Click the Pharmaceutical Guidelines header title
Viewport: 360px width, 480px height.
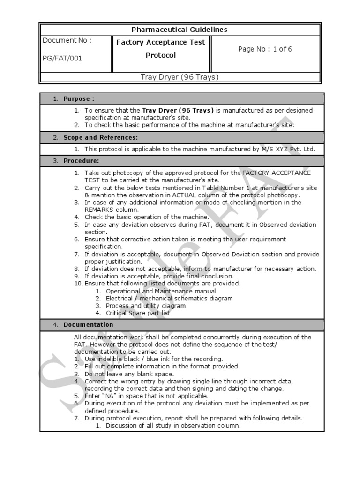click(x=179, y=30)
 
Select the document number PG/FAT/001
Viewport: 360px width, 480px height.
click(x=62, y=59)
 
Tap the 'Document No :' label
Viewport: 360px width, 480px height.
click(x=67, y=40)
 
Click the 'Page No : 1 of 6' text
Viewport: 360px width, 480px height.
click(x=265, y=49)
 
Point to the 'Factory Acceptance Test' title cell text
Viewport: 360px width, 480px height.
click(x=161, y=42)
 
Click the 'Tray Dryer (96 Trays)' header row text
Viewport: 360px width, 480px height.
click(x=180, y=77)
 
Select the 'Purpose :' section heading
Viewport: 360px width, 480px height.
click(x=79, y=99)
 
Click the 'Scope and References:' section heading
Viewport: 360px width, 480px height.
click(x=101, y=138)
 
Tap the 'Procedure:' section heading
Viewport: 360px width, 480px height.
click(x=81, y=161)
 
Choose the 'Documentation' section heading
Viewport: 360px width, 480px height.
click(x=88, y=325)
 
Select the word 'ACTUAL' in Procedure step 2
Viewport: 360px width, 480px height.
click(x=188, y=195)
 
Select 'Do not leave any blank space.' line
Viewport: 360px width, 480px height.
click(x=129, y=374)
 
